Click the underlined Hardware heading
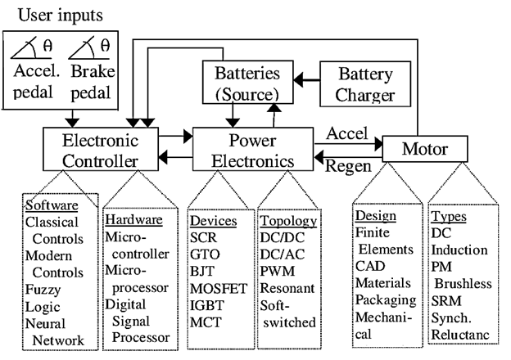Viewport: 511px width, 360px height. pyautogui.click(x=135, y=220)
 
